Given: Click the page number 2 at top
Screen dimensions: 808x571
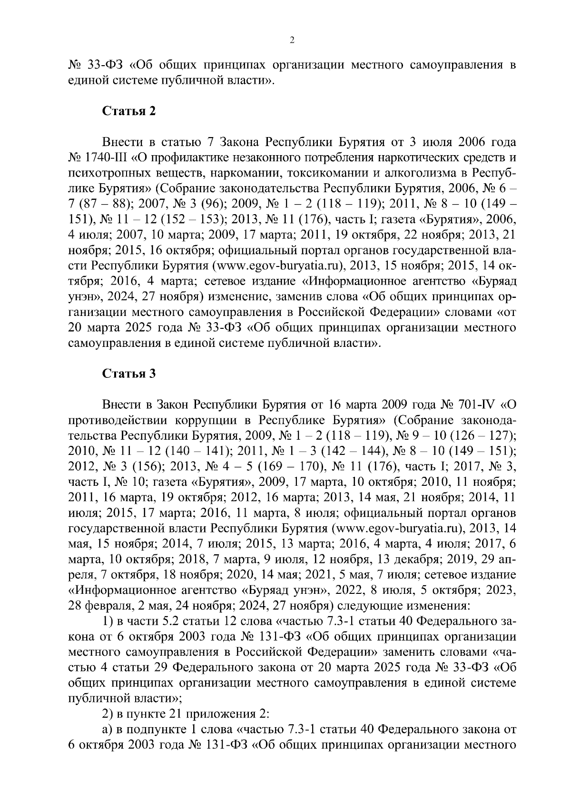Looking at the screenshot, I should tap(292, 41).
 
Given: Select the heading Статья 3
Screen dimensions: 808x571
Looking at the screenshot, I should tap(129, 374).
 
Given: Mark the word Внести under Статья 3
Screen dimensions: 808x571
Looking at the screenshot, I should tap(120, 405).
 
